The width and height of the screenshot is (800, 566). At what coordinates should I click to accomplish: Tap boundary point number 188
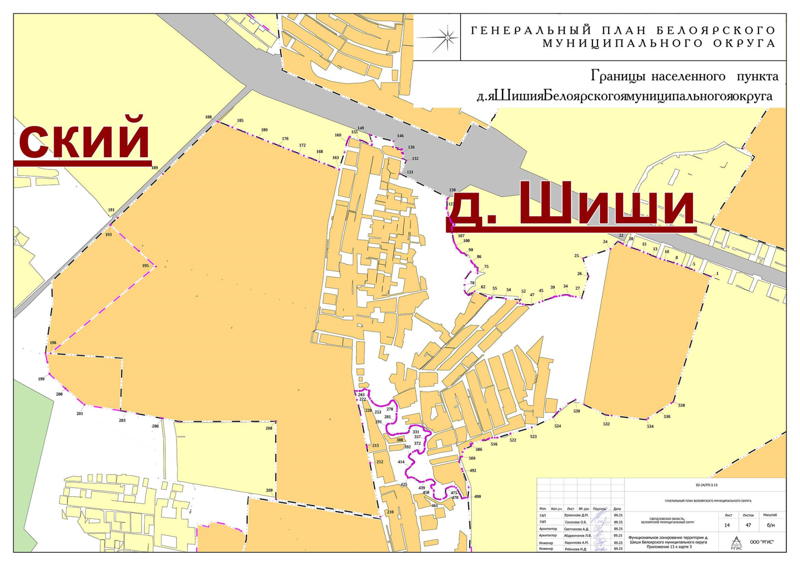coord(208,117)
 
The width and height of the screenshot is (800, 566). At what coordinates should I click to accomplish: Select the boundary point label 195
coord(145,266)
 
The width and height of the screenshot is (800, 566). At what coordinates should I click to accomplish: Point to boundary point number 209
coord(269,491)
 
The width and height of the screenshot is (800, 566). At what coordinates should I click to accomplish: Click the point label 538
coord(681,406)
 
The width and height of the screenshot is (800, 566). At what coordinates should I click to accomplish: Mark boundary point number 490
coord(477,497)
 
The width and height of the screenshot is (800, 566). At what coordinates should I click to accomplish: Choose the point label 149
coord(361,128)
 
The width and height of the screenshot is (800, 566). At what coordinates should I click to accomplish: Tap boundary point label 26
coord(580,274)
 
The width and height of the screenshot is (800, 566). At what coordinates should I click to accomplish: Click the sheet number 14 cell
coord(727,525)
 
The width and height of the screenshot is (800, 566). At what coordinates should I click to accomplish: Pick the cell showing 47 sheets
coord(748,525)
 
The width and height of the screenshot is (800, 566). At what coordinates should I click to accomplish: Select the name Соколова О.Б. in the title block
coord(576,522)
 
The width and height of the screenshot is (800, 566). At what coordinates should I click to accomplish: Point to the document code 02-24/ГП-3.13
coord(706,485)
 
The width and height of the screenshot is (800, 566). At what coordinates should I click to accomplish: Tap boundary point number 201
coord(80,414)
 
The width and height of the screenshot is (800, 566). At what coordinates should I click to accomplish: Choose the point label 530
coord(576,411)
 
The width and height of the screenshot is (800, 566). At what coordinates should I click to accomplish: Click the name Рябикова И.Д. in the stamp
coord(576,549)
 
